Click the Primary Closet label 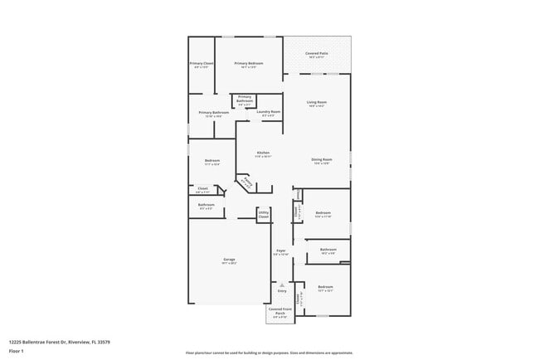202,64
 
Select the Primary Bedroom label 248,64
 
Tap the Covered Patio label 316,53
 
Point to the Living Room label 317,103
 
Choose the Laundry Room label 269,112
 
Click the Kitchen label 263,153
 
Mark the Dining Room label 322,159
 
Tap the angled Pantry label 246,182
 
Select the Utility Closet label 264,215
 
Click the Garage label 229,260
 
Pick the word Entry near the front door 282,291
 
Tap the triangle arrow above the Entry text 282,285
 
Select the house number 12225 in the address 17,342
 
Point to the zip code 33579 102,342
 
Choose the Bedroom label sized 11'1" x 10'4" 211,163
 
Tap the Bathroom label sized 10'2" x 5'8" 328,250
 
